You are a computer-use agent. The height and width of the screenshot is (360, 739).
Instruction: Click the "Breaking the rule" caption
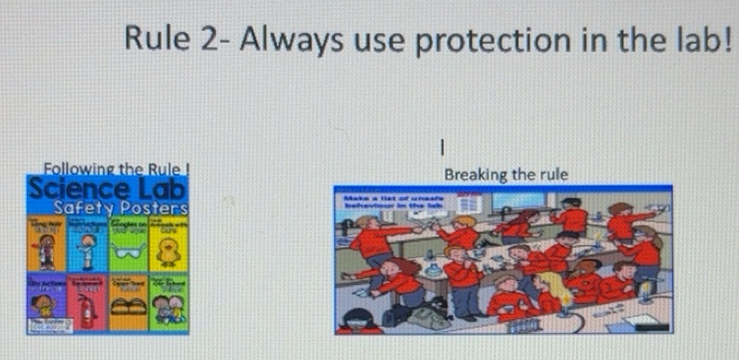tap(507, 174)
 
